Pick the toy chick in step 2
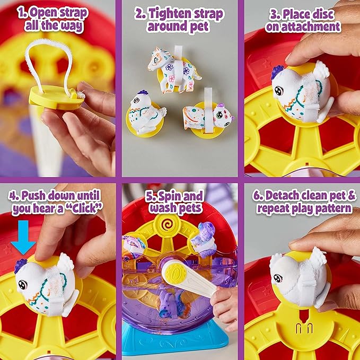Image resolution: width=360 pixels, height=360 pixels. (x=146, y=115)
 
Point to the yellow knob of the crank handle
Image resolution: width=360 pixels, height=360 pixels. (x=173, y=272)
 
